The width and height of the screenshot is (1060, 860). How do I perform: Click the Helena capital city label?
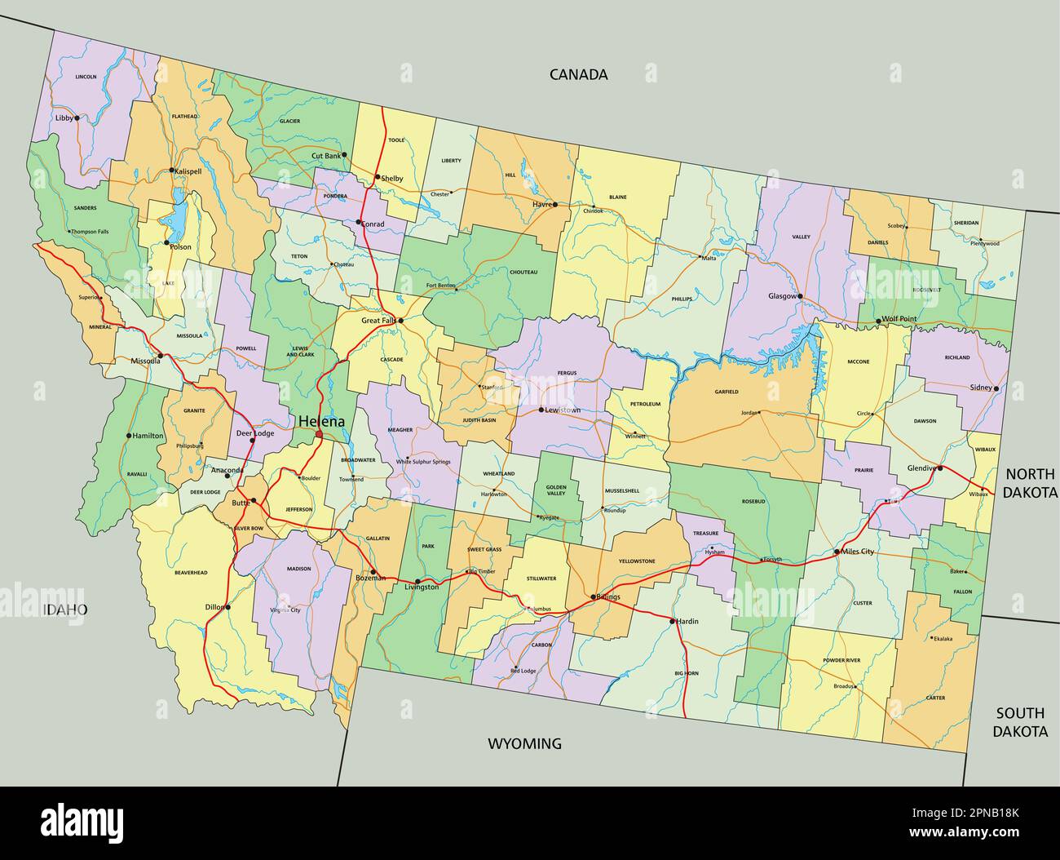pos(320,421)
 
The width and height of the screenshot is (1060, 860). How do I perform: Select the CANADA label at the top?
pos(578,74)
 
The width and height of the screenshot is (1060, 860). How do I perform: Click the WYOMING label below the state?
pos(525,743)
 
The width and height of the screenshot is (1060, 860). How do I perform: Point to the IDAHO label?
pos(64,610)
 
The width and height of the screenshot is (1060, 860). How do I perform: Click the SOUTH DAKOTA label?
pos(1020,722)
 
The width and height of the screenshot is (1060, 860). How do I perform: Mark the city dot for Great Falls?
pos(400,321)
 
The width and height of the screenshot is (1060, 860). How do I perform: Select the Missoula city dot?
pos(161,356)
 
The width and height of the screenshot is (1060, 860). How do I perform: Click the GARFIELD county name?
pos(727,392)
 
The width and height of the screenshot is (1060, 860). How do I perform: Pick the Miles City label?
pos(856,552)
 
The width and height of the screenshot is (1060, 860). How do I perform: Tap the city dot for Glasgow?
pos(800,296)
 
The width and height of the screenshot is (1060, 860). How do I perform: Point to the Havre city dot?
pos(554,205)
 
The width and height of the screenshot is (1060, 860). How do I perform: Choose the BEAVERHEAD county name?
pos(191,573)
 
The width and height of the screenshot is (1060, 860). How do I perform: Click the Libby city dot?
pos(77,117)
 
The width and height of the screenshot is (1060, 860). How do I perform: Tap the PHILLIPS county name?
pos(682,299)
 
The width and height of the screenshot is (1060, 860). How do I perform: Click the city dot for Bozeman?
pos(373,571)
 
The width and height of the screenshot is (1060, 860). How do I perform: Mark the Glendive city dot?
pos(940,468)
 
